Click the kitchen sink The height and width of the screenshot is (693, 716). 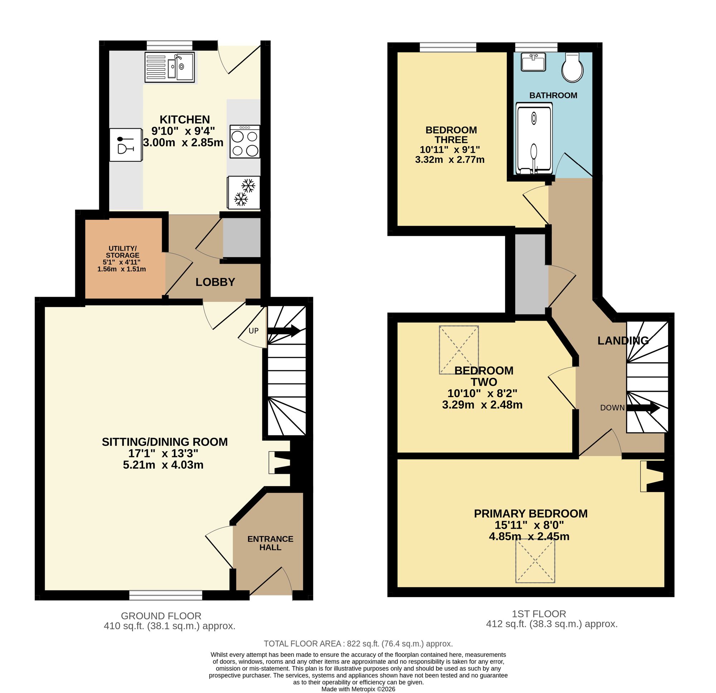click(169, 67)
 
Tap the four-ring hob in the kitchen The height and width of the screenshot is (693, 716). click(245, 141)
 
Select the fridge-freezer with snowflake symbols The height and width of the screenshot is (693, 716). click(244, 192)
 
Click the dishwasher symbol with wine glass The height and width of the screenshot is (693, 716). click(126, 145)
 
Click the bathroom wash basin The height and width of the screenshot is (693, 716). click(533, 62)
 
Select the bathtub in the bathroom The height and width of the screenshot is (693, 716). click(534, 139)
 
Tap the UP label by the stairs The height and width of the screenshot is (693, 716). click(253, 331)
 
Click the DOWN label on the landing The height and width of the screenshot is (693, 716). click(612, 408)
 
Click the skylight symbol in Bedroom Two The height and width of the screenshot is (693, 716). click(459, 350)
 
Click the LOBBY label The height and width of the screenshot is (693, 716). click(215, 282)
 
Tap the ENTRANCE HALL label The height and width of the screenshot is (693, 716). click(270, 543)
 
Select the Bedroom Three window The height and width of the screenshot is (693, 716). click(448, 47)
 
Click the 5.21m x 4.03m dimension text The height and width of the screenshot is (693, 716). click(163, 465)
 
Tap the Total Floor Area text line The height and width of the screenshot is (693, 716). click(358, 643)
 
